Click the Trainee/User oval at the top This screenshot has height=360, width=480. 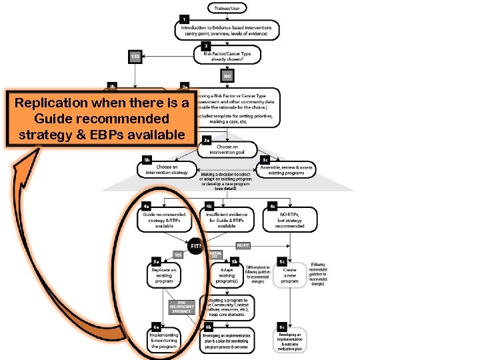pos(227,8)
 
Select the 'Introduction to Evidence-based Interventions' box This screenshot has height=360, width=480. pos(227,29)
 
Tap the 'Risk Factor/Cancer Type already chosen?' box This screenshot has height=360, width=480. pos(229,55)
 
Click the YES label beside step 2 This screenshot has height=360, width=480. pos(135,57)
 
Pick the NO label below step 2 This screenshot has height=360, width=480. pos(227,76)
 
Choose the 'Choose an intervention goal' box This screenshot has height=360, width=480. pos(227,149)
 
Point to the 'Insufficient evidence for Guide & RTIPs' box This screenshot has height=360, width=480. pos(226,219)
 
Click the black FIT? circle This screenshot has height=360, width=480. pos(196,246)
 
